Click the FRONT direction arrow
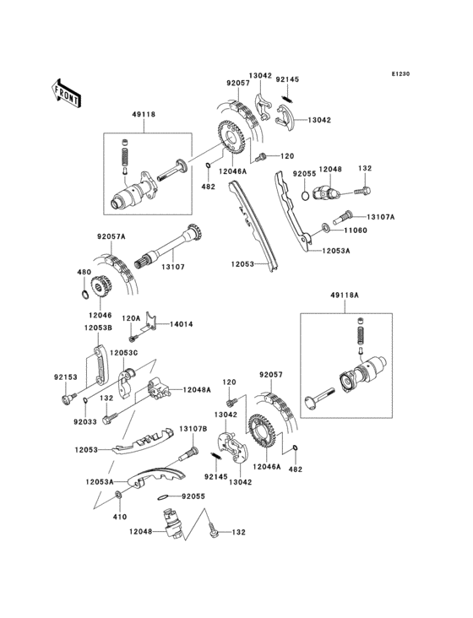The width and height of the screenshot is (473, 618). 66,91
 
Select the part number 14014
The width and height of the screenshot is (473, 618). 182,323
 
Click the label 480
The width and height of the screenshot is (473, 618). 83,272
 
